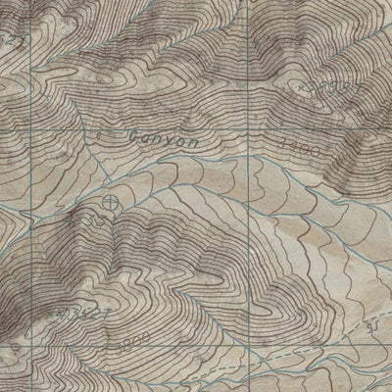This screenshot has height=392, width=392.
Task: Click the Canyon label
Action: [166, 141]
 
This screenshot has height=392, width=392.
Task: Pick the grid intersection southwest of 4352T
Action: [26, 348]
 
